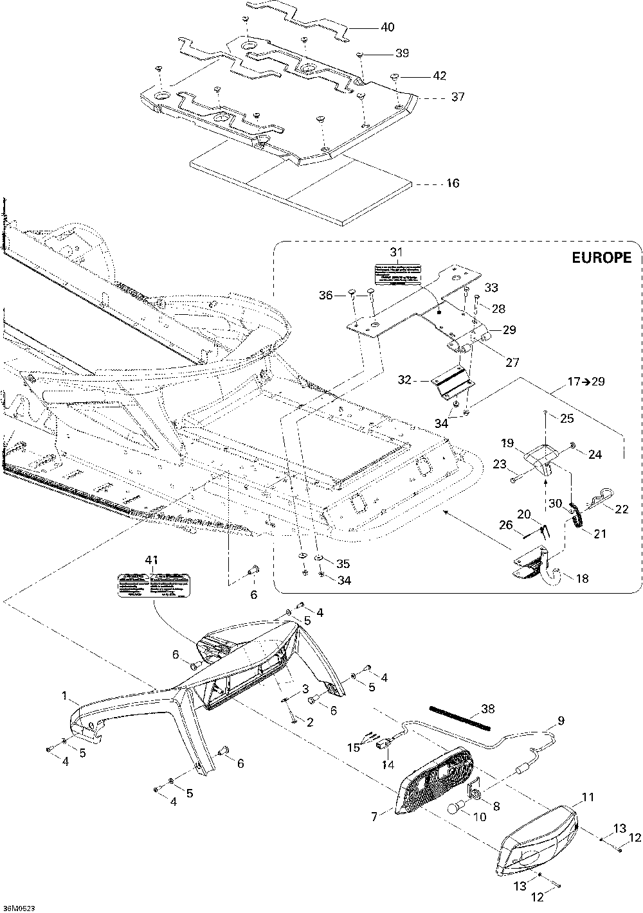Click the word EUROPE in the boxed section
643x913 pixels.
[x=601, y=258]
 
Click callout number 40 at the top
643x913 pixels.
[x=388, y=28]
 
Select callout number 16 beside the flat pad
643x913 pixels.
[x=453, y=184]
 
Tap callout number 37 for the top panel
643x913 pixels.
[x=458, y=98]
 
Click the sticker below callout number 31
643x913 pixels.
[x=395, y=273]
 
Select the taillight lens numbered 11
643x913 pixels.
[x=539, y=831]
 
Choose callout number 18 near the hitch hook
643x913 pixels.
[x=582, y=578]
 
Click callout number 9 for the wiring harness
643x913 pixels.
[x=561, y=721]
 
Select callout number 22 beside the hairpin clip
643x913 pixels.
[x=621, y=509]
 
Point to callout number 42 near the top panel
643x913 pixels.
[x=439, y=76]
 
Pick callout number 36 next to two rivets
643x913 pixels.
[x=327, y=295]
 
